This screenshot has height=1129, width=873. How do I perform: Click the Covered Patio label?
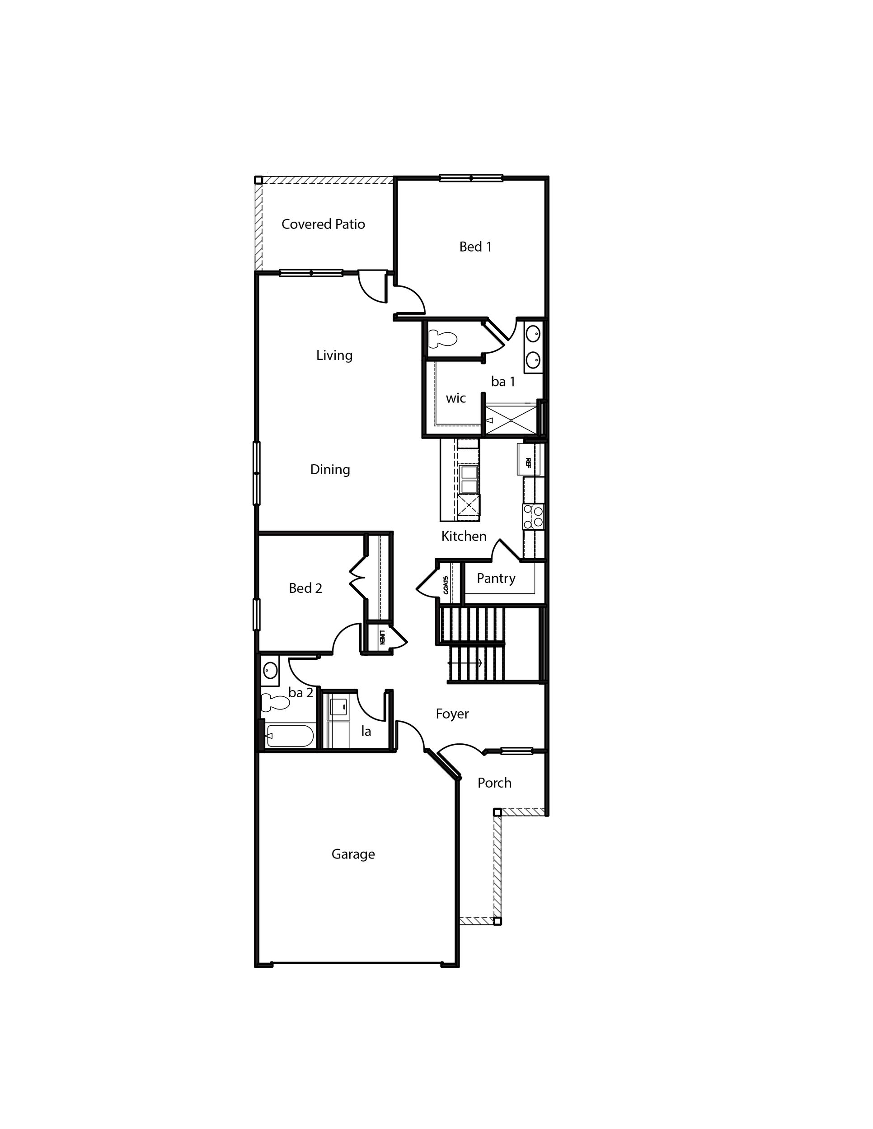(x=323, y=224)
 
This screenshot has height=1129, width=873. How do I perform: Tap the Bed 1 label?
(x=475, y=247)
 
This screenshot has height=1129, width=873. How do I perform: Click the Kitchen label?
(x=464, y=537)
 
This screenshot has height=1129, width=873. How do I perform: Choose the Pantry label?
(x=496, y=578)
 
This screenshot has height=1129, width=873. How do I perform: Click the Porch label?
(x=494, y=783)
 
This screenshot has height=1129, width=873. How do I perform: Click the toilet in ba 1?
(x=443, y=339)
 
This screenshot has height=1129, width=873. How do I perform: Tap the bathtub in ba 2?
(x=290, y=736)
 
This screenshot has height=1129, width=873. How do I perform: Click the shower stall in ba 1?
(x=511, y=420)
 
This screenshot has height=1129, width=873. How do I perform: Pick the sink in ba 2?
(x=270, y=671)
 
